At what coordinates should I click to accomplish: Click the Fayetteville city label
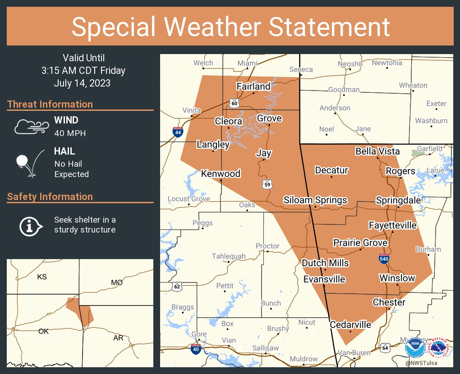392,225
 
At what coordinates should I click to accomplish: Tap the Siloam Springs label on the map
315,200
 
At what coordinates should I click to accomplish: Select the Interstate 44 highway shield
178,132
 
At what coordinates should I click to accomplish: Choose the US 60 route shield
234,103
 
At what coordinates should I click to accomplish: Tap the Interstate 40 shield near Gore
195,350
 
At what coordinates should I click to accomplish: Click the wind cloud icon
31,127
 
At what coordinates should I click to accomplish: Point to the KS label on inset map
41,277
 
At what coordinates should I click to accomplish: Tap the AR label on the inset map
118,338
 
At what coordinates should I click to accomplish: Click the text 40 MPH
70,133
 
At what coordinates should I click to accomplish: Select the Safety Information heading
50,196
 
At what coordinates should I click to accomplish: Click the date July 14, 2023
82,83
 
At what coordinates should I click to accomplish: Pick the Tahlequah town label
229,256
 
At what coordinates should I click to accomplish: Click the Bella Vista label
377,151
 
